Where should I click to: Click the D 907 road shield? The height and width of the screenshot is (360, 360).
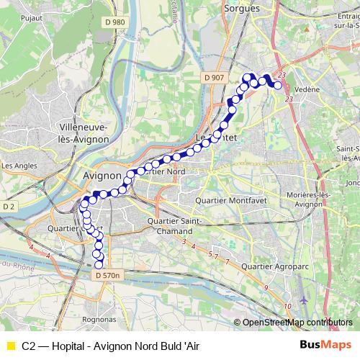[x=214, y=78]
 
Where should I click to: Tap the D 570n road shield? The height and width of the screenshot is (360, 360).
[x=108, y=274]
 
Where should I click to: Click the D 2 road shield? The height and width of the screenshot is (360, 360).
[x=9, y=207]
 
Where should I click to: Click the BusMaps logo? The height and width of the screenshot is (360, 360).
[x=326, y=345]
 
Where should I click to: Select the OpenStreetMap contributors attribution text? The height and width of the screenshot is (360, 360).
[x=297, y=322]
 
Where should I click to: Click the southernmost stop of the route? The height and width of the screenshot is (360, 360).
[x=99, y=264]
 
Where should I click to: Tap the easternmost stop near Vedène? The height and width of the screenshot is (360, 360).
[x=278, y=86]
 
